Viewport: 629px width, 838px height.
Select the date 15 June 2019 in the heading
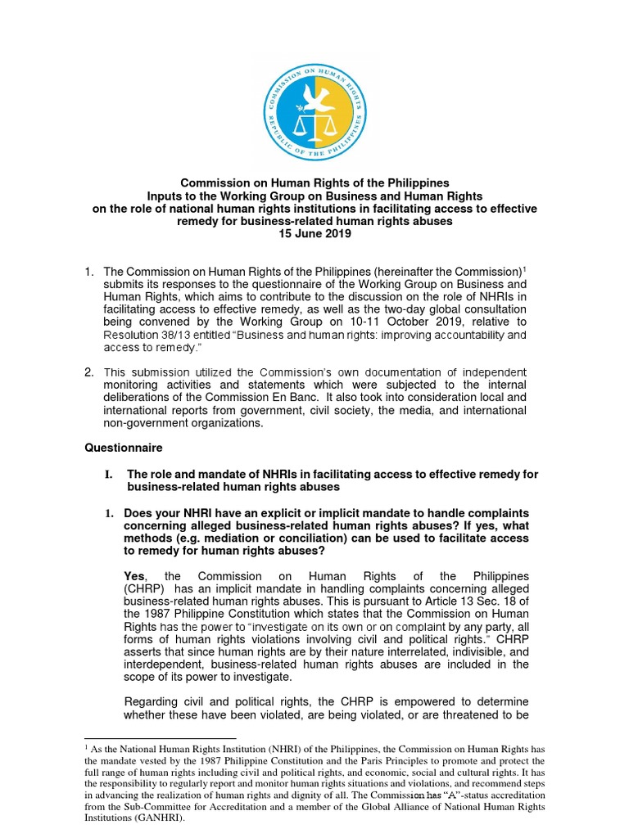314,233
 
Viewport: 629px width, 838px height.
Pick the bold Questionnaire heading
124,448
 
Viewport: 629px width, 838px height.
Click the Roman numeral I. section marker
107,474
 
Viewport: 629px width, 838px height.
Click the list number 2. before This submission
90,373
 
